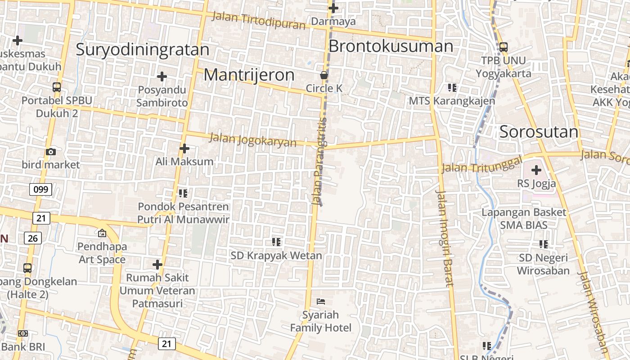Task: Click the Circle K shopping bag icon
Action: [324, 75]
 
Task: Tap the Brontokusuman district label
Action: [391, 46]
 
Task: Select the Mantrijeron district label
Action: [249, 75]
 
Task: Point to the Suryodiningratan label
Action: [142, 49]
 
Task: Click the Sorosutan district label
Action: [539, 132]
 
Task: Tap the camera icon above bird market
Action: [51, 152]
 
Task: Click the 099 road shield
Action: [40, 189]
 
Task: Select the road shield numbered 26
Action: [32, 238]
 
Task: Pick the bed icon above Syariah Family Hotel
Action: [321, 301]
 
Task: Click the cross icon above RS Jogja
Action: [536, 170]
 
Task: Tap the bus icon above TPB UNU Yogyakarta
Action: [503, 47]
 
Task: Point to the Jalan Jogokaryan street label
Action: [252, 139]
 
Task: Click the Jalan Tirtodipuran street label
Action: [258, 20]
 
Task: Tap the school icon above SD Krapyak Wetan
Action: [276, 242]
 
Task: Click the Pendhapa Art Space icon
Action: [102, 233]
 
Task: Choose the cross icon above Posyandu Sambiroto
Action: [162, 76]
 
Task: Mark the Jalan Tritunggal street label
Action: [481, 165]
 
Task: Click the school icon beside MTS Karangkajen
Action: [452, 87]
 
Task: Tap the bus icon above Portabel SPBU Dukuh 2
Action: [57, 87]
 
